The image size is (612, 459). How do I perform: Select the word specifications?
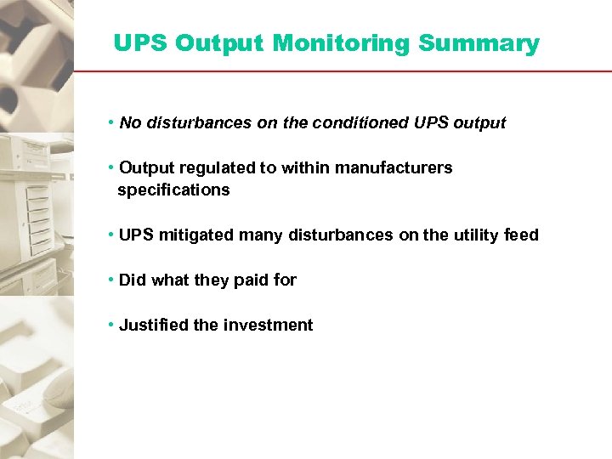[173, 190]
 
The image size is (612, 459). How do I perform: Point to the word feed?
[521, 235]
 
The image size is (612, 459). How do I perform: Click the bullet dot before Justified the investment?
[111, 326]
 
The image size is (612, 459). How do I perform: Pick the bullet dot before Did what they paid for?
[111, 280]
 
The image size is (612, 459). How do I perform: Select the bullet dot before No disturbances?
[111, 123]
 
